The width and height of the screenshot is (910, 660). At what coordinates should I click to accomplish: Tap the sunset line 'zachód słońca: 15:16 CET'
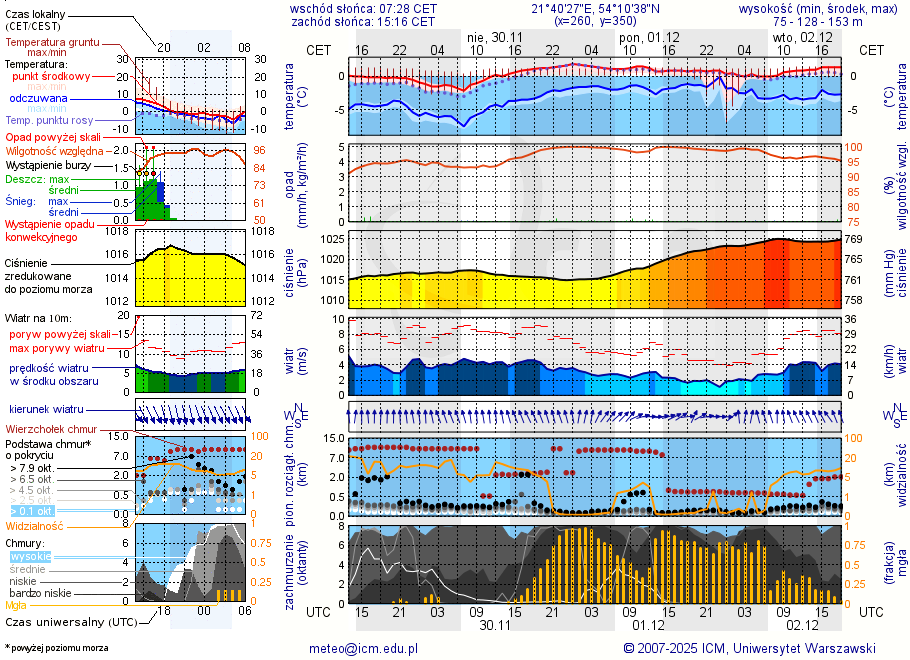coord(363,21)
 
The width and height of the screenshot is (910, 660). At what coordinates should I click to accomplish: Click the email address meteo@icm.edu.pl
coord(360,648)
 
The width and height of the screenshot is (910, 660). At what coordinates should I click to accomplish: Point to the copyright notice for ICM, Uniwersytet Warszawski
coord(749,648)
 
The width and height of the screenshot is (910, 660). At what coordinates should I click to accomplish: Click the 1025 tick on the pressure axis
coord(333,239)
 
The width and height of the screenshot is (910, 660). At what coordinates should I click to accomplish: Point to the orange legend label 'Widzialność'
coord(35,525)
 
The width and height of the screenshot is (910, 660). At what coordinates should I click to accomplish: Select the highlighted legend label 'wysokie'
coord(30,556)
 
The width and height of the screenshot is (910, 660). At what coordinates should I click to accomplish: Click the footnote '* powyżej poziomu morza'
coord(56,648)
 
